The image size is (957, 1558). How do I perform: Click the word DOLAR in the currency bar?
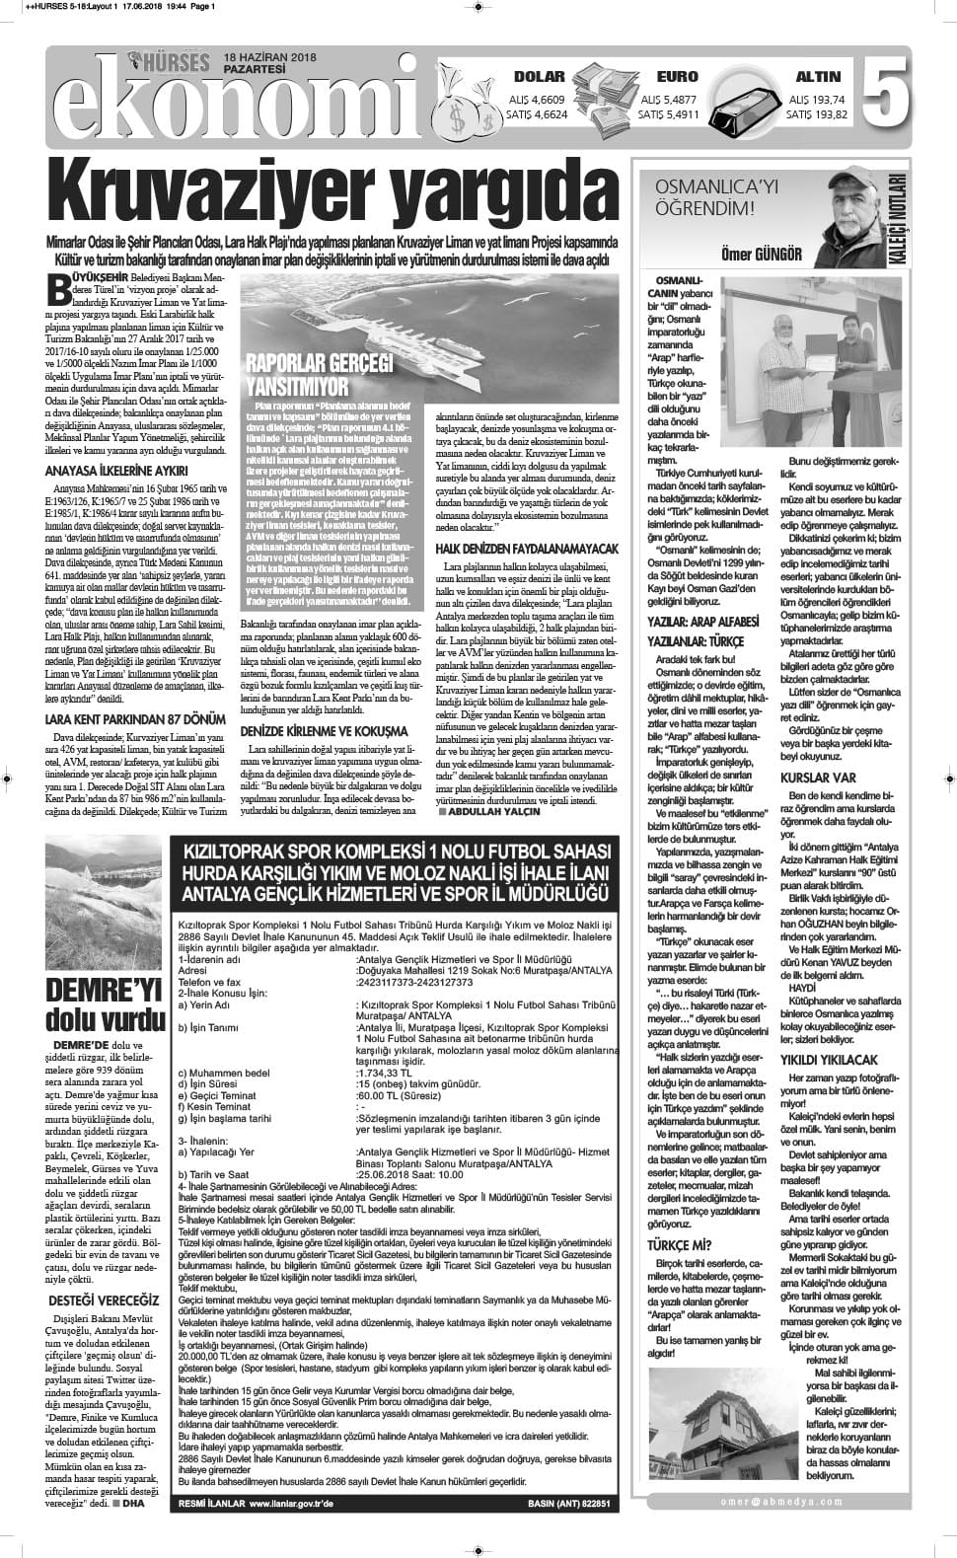540,77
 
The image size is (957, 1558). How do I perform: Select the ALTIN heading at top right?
818,77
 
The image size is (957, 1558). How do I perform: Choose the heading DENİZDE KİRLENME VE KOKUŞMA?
324,705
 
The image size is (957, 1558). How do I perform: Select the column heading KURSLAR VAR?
817,778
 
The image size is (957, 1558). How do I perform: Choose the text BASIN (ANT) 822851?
569,1504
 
